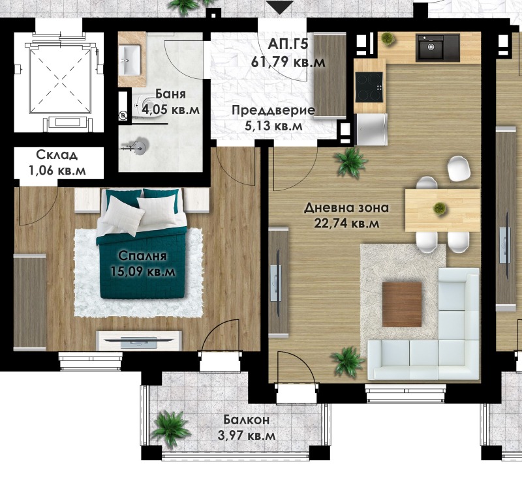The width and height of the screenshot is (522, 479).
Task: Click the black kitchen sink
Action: point(437,48)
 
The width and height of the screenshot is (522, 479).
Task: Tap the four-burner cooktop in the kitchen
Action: point(369,87)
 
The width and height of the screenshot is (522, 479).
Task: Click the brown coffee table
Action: point(402,304)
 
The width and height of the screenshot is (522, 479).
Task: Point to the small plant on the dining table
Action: point(439,208)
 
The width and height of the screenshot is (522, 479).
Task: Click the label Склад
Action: point(57,154)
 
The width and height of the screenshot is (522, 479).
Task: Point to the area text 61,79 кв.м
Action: point(288,62)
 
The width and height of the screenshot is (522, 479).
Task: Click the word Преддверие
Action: point(273,110)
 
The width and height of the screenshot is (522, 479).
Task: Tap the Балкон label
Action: point(247,420)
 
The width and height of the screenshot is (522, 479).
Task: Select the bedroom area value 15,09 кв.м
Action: point(143,271)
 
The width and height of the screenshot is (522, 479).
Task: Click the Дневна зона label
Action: point(346,208)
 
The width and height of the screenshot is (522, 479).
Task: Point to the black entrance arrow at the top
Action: point(280,7)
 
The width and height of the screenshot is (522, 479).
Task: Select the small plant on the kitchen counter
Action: point(387,38)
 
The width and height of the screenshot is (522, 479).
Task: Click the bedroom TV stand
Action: point(139,340)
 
